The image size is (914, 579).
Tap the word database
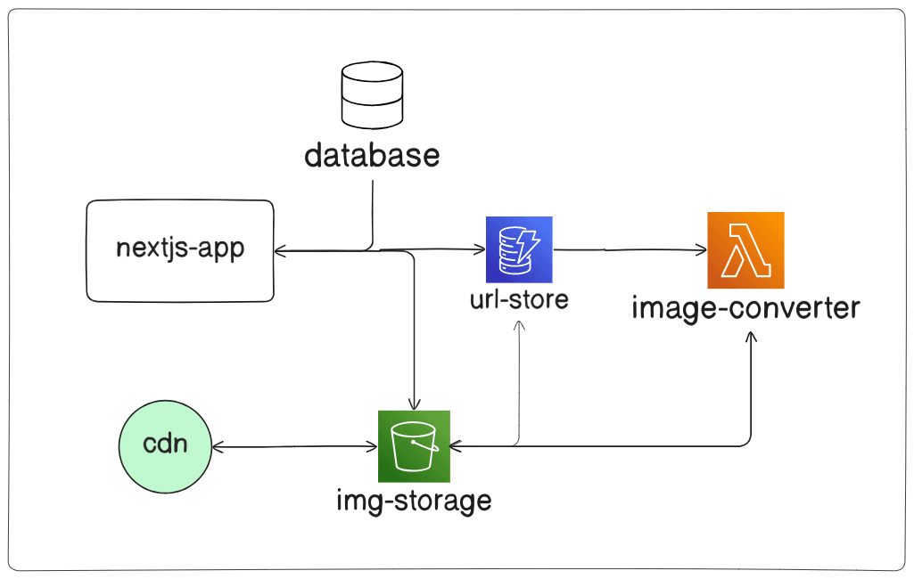[x=372, y=156]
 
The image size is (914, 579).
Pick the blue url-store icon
[x=520, y=249]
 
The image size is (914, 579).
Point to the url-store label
[x=519, y=299]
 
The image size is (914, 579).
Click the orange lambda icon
[x=745, y=250]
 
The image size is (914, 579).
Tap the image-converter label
[x=745, y=308]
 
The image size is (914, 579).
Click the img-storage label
[x=414, y=500]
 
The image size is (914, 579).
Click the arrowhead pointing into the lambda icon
[x=701, y=251]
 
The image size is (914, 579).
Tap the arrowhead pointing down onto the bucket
[x=414, y=404]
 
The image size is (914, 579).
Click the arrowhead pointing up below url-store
[x=519, y=325]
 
